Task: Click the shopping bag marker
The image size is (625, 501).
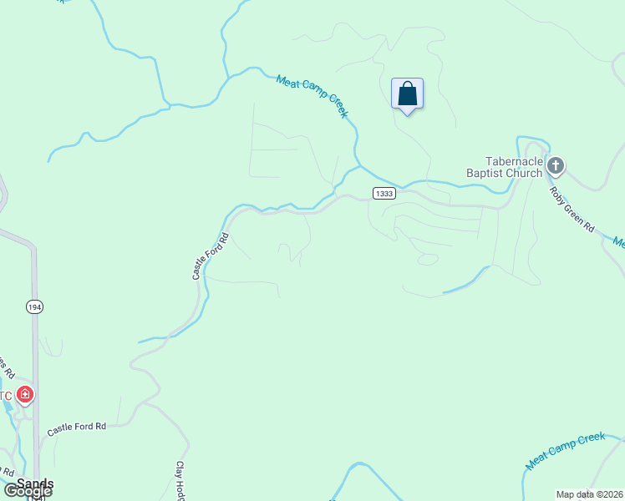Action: [x=407, y=94]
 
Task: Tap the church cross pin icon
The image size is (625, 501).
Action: [x=556, y=167]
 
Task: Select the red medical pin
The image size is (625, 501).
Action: [x=26, y=395]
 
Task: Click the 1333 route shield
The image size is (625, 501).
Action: [x=384, y=194]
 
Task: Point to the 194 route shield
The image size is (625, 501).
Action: [x=33, y=306]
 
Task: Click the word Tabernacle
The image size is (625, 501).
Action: [x=514, y=161]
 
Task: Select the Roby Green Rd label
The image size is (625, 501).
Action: [x=572, y=209]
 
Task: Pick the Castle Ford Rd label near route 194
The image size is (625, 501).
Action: [x=77, y=428]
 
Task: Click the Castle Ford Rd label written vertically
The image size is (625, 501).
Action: [x=210, y=256]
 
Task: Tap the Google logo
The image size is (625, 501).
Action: [x=28, y=491]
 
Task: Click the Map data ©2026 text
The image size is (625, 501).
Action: [x=590, y=494]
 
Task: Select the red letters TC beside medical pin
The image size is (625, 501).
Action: [x=6, y=396]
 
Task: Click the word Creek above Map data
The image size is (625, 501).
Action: [x=590, y=439]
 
